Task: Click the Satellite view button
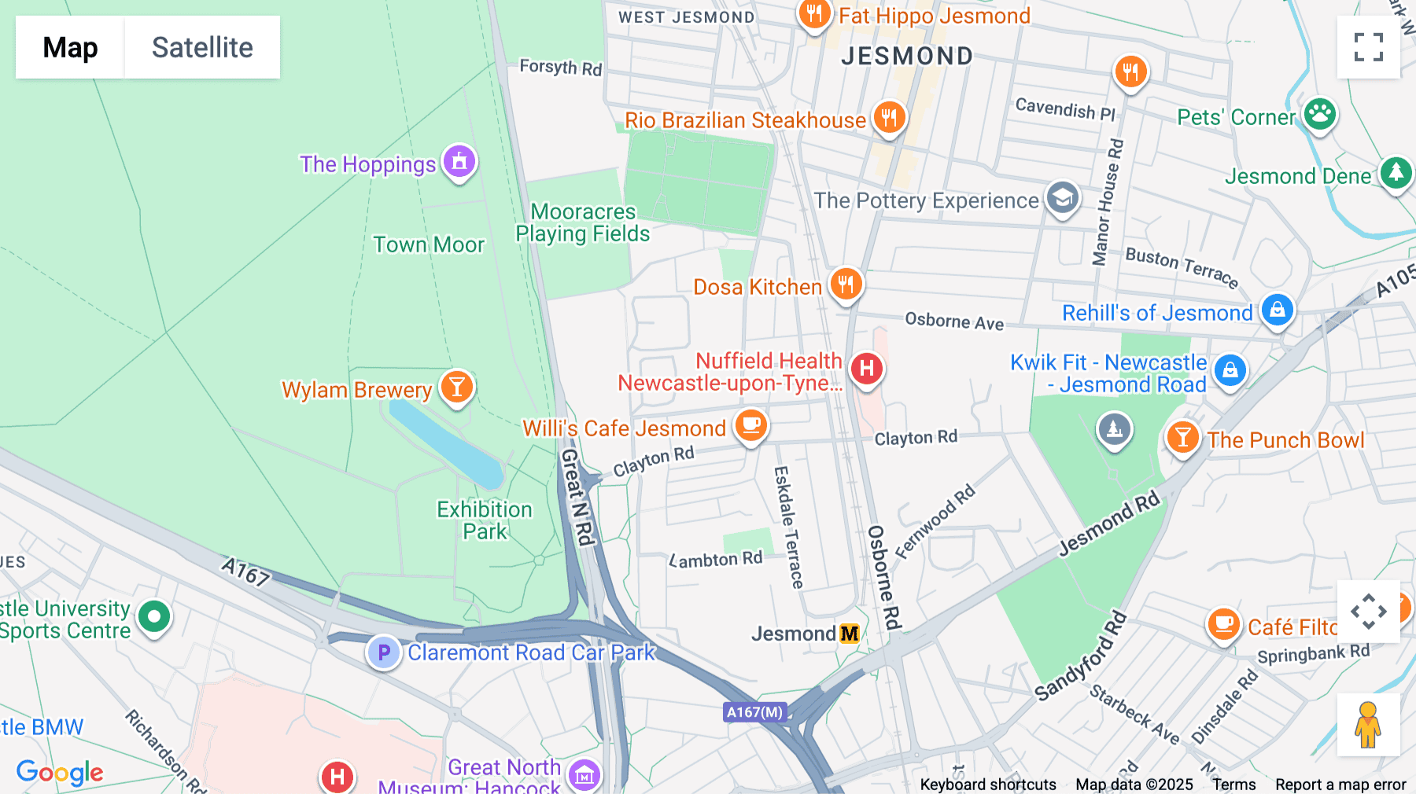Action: pyautogui.click(x=202, y=47)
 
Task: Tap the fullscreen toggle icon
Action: pyautogui.click(x=1368, y=47)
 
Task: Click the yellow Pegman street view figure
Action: pyautogui.click(x=1368, y=725)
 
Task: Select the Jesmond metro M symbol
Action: pyautogui.click(x=850, y=634)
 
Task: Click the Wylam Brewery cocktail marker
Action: pyautogui.click(x=457, y=387)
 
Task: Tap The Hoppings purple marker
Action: pyautogui.click(x=459, y=162)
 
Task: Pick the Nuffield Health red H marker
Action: pyautogui.click(x=866, y=368)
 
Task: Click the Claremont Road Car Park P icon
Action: pyautogui.click(x=384, y=652)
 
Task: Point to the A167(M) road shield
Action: pyautogui.click(x=754, y=712)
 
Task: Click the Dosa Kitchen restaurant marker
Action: pyautogui.click(x=846, y=284)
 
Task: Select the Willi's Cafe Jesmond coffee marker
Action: pyautogui.click(x=751, y=425)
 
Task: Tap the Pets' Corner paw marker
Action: pyautogui.click(x=1319, y=115)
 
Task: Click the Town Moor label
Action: pyautogui.click(x=429, y=244)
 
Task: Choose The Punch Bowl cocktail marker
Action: pyautogui.click(x=1182, y=437)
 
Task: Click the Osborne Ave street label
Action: pyautogui.click(x=954, y=321)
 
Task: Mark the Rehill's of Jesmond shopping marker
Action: pyautogui.click(x=1277, y=310)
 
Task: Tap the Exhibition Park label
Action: pyautogui.click(x=485, y=520)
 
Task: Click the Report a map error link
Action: pyautogui.click(x=1340, y=785)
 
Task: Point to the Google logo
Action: pyautogui.click(x=60, y=773)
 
